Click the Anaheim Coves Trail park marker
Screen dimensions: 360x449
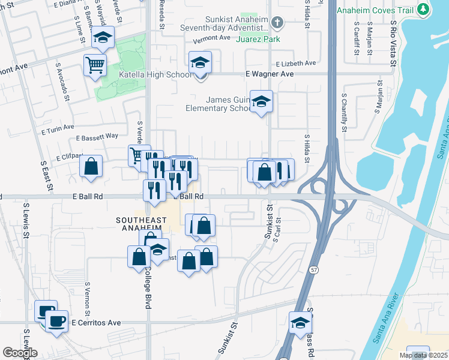(x=424, y=10)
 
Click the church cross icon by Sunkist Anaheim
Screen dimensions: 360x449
(x=276, y=23)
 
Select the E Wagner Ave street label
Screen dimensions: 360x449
(x=270, y=74)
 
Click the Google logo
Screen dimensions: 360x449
(x=20, y=353)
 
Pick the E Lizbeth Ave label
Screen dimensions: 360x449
(x=296, y=63)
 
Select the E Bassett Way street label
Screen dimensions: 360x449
(x=97, y=137)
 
